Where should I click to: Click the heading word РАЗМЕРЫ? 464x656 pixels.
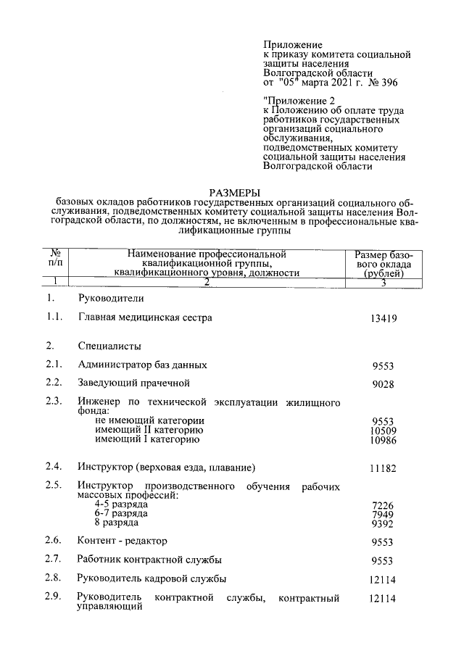[x=234, y=192]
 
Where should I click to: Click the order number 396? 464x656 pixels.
[x=388, y=83]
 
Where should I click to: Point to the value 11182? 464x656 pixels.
[x=382, y=469]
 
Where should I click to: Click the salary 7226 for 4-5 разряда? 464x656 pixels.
[x=382, y=505]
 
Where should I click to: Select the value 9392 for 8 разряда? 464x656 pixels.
[x=382, y=523]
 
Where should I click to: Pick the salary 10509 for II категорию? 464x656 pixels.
[x=382, y=431]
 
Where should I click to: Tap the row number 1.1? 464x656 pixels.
[x=53, y=317]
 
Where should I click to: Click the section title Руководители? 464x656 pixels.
[x=111, y=299]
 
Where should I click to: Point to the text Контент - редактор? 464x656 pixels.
[x=122, y=541]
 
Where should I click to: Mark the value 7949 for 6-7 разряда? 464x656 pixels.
[x=382, y=514]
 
